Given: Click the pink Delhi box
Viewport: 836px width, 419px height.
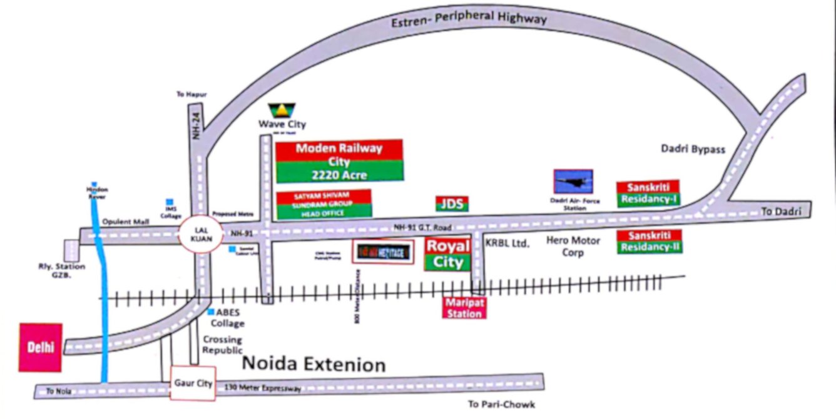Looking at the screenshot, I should click(x=41, y=348).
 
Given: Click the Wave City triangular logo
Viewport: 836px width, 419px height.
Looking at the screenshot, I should click(x=282, y=111).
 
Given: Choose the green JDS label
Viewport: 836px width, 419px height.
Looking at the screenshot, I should click(x=452, y=204).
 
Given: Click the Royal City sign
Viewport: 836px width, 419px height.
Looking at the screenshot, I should click(x=448, y=254).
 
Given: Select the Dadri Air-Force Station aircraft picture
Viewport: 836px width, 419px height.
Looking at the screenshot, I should click(x=573, y=181).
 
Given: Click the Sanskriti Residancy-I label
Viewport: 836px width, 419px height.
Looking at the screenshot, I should click(x=648, y=194).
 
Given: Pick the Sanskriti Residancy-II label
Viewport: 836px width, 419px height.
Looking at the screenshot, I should click(x=650, y=241).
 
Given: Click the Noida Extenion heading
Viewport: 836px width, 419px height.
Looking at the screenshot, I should click(x=313, y=363).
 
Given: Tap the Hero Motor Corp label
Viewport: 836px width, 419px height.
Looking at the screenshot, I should click(x=573, y=246).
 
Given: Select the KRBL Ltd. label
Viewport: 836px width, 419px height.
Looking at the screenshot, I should click(x=507, y=243).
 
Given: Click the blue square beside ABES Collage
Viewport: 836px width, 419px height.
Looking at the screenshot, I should click(x=211, y=311).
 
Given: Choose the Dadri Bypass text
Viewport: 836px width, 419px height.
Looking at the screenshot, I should click(x=693, y=149).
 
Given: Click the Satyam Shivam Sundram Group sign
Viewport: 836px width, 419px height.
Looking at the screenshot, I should click(x=324, y=204).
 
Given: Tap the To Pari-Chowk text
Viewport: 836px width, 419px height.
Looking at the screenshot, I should click(x=501, y=404).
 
